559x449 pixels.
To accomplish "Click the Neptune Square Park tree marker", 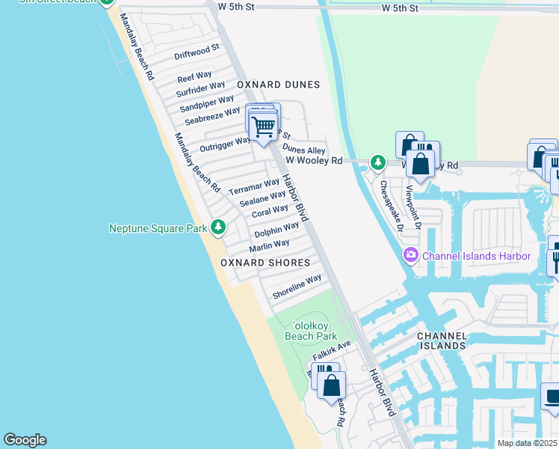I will pos(217,226).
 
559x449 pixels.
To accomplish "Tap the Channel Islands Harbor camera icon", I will pos(410,257).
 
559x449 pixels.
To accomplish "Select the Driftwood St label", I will pos(197,52).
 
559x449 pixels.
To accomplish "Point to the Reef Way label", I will pos(194,77).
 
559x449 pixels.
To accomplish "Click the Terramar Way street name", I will pos(253,186).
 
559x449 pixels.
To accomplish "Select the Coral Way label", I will pos(270,212).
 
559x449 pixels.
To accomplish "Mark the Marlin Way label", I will pos(269,245).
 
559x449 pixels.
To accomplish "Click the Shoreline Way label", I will pos(297,287).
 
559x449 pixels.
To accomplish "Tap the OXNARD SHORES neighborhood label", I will pos(265,263).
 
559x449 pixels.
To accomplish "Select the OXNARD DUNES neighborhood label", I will pos(278,85).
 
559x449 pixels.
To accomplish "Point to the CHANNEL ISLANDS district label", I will pos(442,341).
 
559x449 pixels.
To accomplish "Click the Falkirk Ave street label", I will pos(332,349).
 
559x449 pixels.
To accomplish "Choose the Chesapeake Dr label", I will pos(391,205).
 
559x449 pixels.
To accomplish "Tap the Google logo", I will pos(25,440).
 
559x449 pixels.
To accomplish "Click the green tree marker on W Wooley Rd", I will pos(378,162).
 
